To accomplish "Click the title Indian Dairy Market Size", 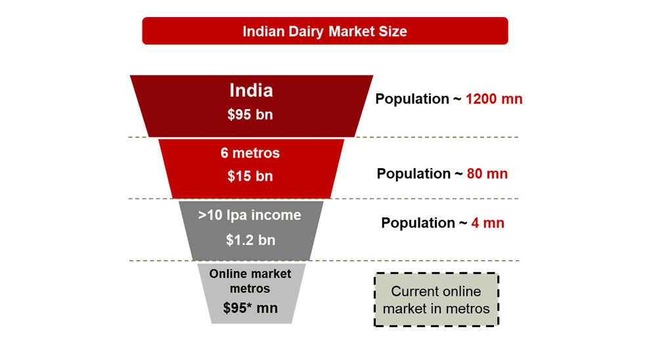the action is (x=324, y=32).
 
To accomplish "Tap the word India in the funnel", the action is (x=251, y=90).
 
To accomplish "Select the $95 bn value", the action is (x=250, y=114).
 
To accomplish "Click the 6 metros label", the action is (x=250, y=153).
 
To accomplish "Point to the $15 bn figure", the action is (x=250, y=176).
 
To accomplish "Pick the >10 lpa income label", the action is (x=250, y=215).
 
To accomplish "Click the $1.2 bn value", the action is (x=250, y=240).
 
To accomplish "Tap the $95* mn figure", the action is (x=250, y=307).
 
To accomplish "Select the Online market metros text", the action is (x=250, y=281).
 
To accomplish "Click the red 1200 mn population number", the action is (x=494, y=99).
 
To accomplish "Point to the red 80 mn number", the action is (x=487, y=174).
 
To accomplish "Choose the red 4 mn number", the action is (x=488, y=223).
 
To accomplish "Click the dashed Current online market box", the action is (x=436, y=300).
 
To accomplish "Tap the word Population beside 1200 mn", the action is (x=412, y=99).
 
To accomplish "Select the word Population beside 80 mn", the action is (x=414, y=174).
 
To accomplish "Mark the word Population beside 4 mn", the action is (x=418, y=223).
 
